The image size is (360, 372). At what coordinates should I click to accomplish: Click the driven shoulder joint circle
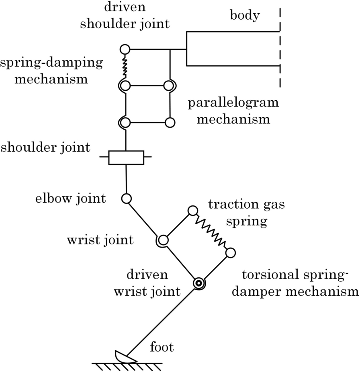[125, 49]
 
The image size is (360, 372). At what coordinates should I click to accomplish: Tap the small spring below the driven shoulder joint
[125, 67]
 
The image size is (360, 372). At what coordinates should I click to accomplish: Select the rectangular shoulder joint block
[126, 157]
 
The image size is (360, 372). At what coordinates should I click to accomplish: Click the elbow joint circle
[126, 198]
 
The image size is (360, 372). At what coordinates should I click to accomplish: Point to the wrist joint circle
[163, 240]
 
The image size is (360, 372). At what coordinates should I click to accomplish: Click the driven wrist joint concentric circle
[198, 284]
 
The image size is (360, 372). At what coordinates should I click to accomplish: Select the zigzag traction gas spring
[211, 232]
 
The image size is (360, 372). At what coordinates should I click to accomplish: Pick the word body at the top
[245, 16]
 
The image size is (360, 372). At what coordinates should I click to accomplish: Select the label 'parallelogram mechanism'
[233, 110]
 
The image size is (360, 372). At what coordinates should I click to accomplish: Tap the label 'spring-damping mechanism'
[51, 70]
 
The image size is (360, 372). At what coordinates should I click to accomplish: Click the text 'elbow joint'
[71, 198]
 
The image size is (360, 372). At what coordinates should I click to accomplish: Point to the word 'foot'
[162, 346]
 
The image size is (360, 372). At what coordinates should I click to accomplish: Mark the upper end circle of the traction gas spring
[193, 210]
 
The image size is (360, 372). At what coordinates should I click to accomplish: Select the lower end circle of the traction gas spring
[230, 253]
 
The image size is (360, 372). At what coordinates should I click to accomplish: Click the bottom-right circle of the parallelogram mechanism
[170, 122]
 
